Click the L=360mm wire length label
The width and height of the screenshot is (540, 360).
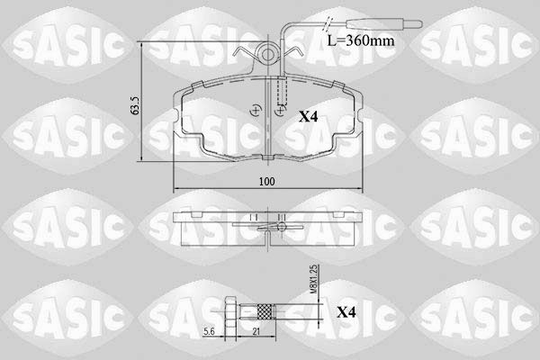click(x=361, y=41)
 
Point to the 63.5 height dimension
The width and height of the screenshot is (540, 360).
click(x=135, y=106)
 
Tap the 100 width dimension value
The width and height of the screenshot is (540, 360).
click(x=267, y=182)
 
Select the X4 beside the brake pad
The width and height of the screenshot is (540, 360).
click(x=308, y=117)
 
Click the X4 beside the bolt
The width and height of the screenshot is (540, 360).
click(x=346, y=312)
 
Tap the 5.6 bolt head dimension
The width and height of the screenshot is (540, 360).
click(x=209, y=331)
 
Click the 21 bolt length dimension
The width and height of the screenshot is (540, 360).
click(x=256, y=331)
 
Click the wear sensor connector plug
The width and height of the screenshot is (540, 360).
click(x=384, y=23)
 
